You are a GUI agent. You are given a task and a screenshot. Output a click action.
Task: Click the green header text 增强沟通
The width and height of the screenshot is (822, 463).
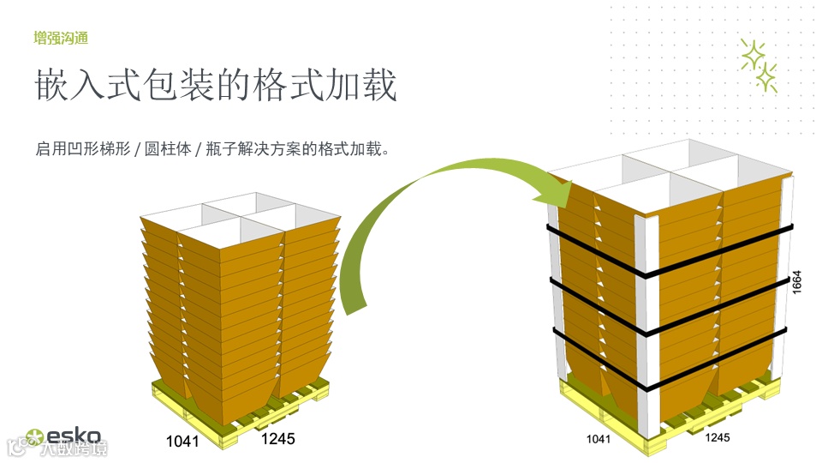coord(61,38)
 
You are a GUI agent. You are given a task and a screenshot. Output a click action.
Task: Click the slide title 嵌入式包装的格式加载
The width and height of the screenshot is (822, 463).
coord(216,87)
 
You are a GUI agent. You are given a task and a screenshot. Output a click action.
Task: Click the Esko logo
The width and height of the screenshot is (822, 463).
coord(64,436)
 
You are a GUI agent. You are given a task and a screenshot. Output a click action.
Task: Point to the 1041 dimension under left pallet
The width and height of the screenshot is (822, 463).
coord(182,442)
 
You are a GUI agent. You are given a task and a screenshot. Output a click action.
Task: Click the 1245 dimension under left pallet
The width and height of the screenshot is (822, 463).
coord(277,439)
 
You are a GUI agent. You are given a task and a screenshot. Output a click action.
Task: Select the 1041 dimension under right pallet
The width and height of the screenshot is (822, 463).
coord(598,439)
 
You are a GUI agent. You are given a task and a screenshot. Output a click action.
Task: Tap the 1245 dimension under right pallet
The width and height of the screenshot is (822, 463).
coord(718,437)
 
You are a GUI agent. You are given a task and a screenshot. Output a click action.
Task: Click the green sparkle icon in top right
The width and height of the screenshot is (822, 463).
coord(759,65)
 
